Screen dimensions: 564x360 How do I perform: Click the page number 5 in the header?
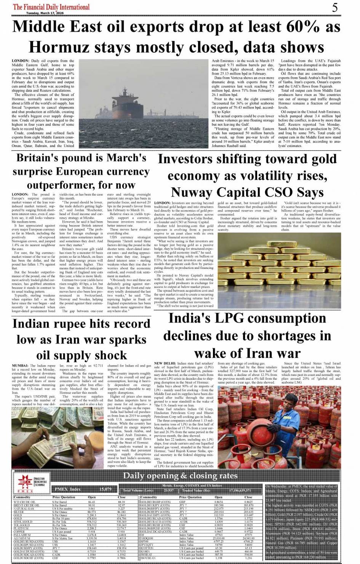334,7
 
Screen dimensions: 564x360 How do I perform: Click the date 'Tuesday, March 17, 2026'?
45,13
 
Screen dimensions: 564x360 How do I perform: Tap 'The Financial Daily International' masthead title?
51,7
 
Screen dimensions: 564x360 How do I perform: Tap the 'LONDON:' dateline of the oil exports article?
20,61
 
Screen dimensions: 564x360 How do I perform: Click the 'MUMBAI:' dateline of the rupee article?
20,366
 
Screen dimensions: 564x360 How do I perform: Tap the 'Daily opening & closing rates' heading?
180,476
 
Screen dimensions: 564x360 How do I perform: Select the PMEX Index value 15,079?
105,489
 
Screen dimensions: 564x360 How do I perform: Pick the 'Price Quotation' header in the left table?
64,497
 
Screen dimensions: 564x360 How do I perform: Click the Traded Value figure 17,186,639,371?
240,491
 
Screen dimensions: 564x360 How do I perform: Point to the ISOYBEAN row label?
148,558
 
